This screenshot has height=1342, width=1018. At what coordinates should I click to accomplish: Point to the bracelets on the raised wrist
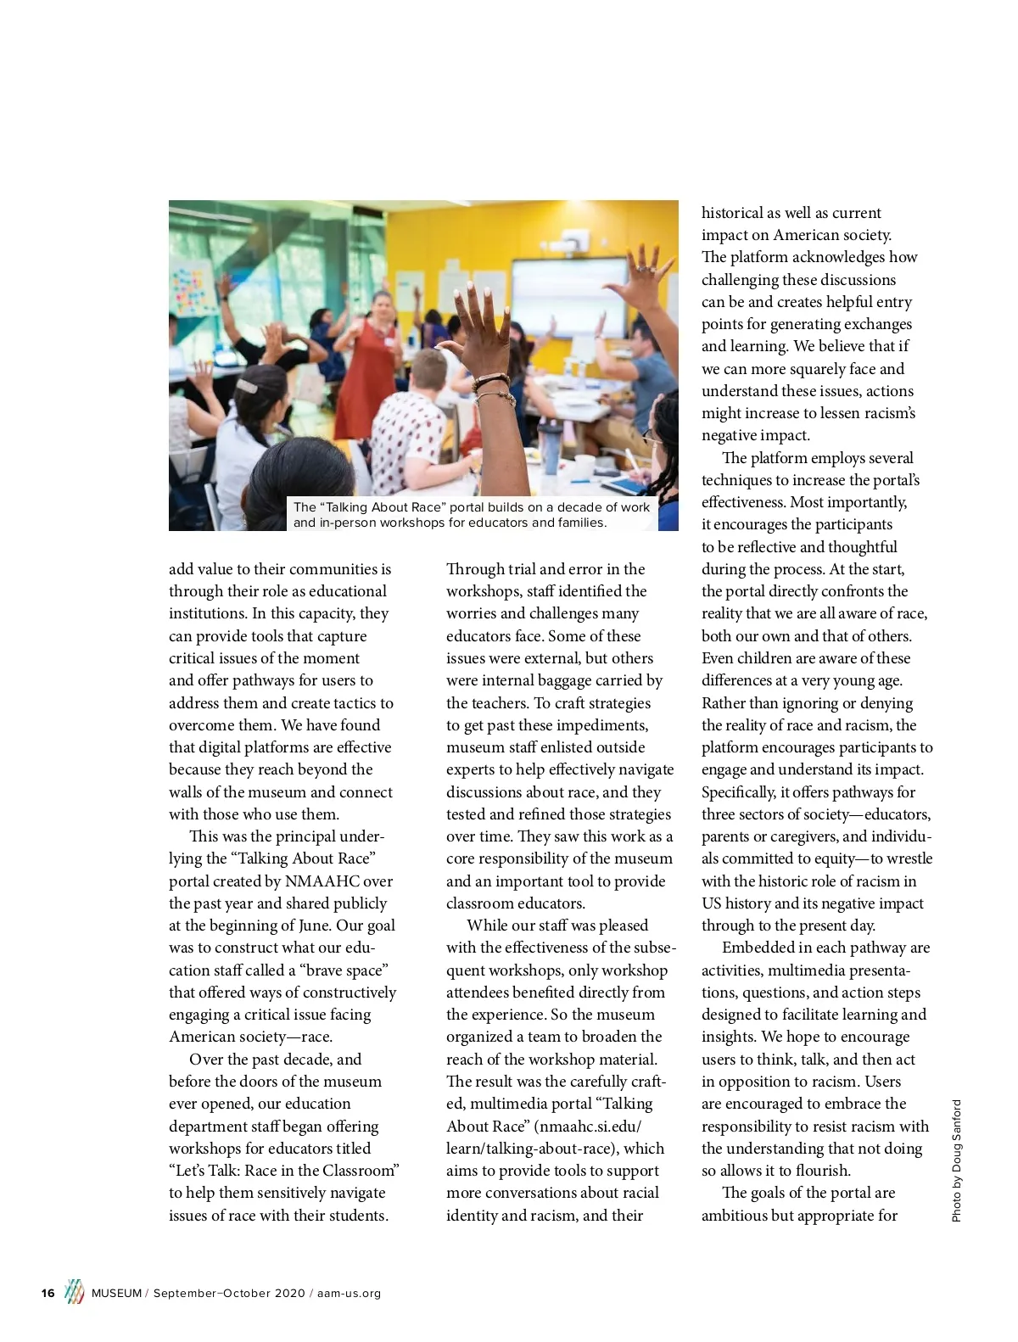pos(492,387)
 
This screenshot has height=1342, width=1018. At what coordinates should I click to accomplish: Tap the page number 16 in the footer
pos(48,1293)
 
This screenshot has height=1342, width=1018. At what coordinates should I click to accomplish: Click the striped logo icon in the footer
pos(75,1291)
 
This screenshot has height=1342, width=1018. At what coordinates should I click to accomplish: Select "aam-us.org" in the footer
pos(349,1293)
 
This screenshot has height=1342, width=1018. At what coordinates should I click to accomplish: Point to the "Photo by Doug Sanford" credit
pos(957,1160)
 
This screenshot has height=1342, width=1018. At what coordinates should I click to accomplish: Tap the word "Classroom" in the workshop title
pos(357,1171)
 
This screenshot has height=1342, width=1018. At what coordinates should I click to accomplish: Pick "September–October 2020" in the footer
pos(228,1293)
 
